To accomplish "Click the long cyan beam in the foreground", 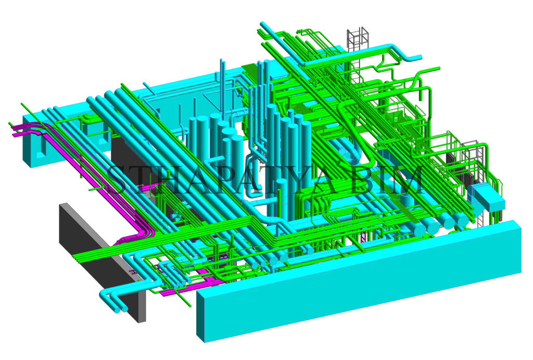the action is click(359, 281).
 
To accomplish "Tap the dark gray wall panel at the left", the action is click(102, 262).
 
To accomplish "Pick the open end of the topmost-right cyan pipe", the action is click(420, 58).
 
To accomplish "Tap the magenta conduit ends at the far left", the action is click(17, 131).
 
